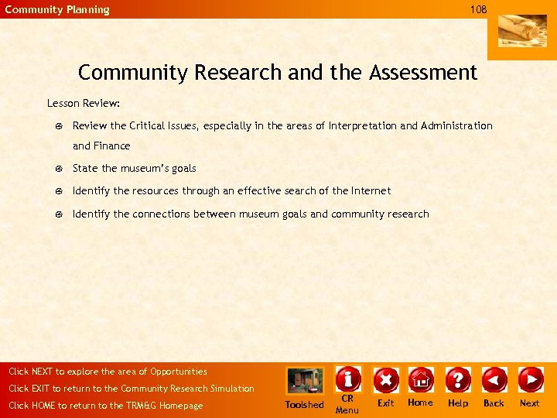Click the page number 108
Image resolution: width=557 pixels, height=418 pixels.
point(478,9)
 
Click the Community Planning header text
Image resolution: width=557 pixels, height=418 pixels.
point(57,10)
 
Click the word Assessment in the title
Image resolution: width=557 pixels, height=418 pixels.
point(423,73)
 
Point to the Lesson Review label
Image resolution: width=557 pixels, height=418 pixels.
point(83,103)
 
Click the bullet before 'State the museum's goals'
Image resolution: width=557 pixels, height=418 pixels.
point(58,169)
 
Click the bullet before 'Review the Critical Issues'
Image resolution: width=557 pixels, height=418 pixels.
point(58,126)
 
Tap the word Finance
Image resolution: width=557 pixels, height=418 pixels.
point(112,146)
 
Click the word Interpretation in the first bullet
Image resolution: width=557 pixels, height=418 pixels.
point(363,125)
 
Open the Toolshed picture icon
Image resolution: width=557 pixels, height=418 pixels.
point(305,381)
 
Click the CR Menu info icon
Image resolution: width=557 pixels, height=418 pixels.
point(347,379)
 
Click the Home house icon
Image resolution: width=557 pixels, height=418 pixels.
point(421,379)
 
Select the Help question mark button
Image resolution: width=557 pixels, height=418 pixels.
point(458,379)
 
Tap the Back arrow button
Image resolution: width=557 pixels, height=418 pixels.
point(494,379)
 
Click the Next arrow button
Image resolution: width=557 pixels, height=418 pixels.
point(530,379)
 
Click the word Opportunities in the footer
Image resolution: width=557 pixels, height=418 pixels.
point(179,372)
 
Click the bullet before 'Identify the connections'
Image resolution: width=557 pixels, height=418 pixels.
point(58,214)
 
